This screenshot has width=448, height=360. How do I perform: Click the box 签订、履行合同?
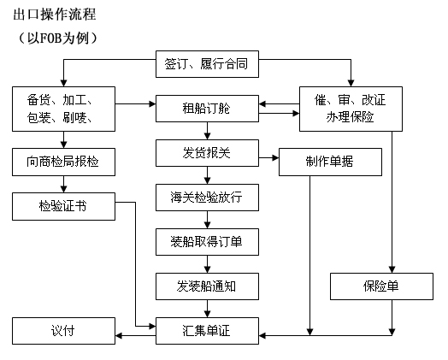[x=207, y=64]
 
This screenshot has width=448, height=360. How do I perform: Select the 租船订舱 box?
[x=207, y=109]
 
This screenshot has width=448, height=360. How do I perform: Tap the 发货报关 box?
[x=207, y=153]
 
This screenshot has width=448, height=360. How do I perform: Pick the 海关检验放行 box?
[x=207, y=198]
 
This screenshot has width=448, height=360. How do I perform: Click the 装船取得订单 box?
[x=207, y=242]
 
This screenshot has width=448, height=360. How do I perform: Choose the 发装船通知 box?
[x=207, y=286]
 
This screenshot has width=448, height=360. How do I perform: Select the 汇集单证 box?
[x=207, y=331]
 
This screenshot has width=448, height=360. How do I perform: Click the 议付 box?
[x=63, y=331]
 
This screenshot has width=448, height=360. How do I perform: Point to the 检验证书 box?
[x=63, y=206]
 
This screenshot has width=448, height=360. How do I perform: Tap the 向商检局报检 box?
[x=63, y=162]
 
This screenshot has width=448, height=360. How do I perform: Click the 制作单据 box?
[x=330, y=162]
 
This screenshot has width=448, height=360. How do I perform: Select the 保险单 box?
[x=381, y=286]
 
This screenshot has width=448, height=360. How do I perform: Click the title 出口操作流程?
[x=54, y=15]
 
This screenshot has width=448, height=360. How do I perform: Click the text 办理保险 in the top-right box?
[x=350, y=117]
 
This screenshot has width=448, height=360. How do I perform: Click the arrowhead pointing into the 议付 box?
[x=119, y=335]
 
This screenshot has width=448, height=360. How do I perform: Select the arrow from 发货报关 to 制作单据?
[x=268, y=157]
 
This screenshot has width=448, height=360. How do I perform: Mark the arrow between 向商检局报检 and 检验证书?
[x=64, y=185]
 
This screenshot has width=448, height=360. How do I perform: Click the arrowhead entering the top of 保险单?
[x=392, y=269]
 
